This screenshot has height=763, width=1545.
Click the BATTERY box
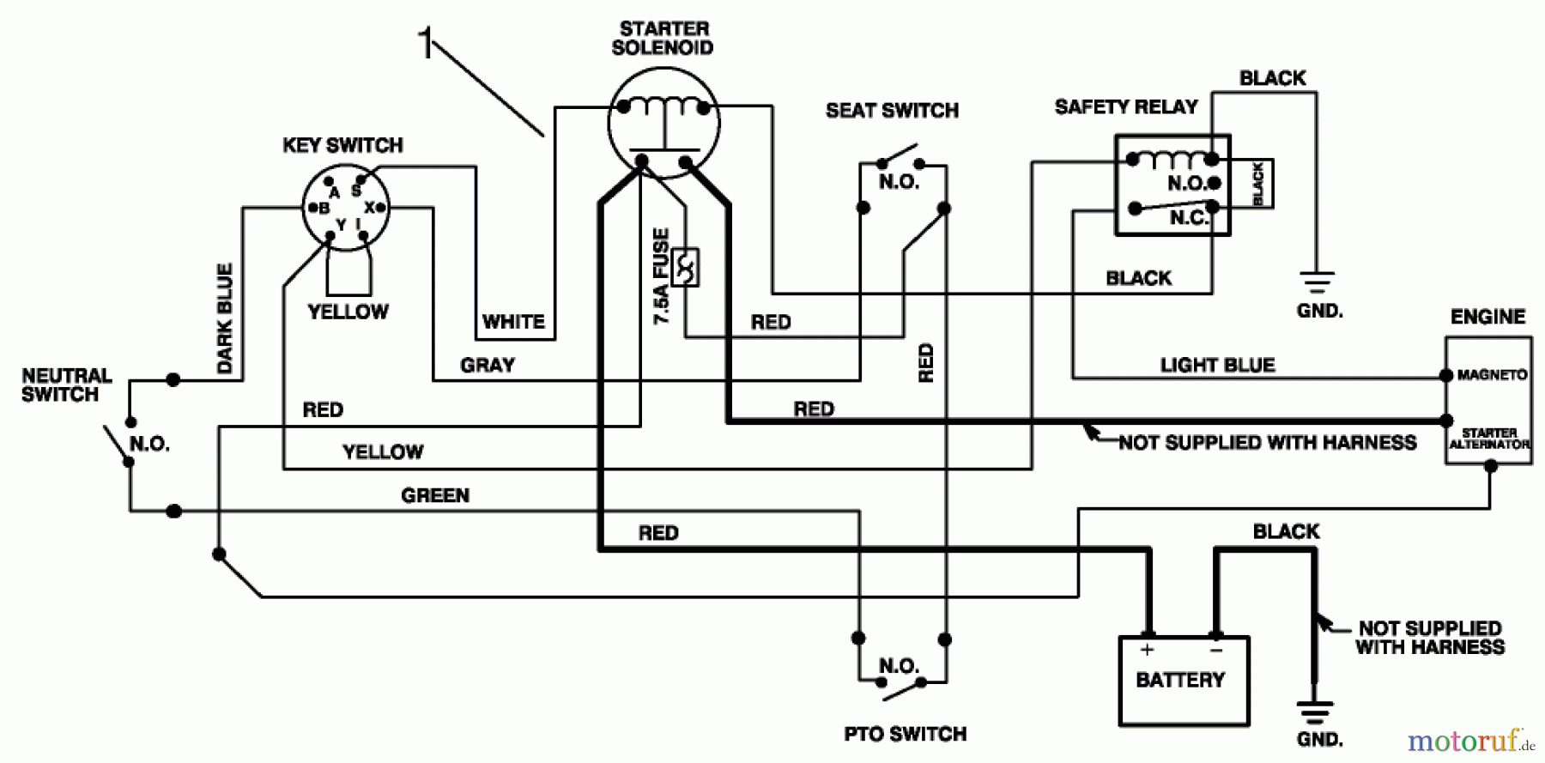(1184, 681)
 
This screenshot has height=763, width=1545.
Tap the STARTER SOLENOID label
(663, 39)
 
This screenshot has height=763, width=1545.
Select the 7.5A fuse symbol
(685, 268)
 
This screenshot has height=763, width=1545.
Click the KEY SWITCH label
(342, 145)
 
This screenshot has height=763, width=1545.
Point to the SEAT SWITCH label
(892, 111)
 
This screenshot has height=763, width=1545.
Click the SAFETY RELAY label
(1125, 107)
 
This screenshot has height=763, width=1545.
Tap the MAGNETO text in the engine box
(1492, 375)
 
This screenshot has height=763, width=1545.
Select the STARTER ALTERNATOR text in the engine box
(1489, 439)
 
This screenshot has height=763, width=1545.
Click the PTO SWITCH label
(905, 734)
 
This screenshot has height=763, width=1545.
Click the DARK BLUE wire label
(225, 318)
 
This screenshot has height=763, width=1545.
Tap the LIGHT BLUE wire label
(1217, 365)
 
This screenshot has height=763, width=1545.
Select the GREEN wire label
(435, 495)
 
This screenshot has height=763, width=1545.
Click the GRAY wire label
(487, 365)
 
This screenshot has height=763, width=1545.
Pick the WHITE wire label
(513, 322)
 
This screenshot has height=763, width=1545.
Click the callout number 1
(425, 43)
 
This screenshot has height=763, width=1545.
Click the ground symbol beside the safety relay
(1317, 282)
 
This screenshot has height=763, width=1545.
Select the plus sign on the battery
(1147, 650)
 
